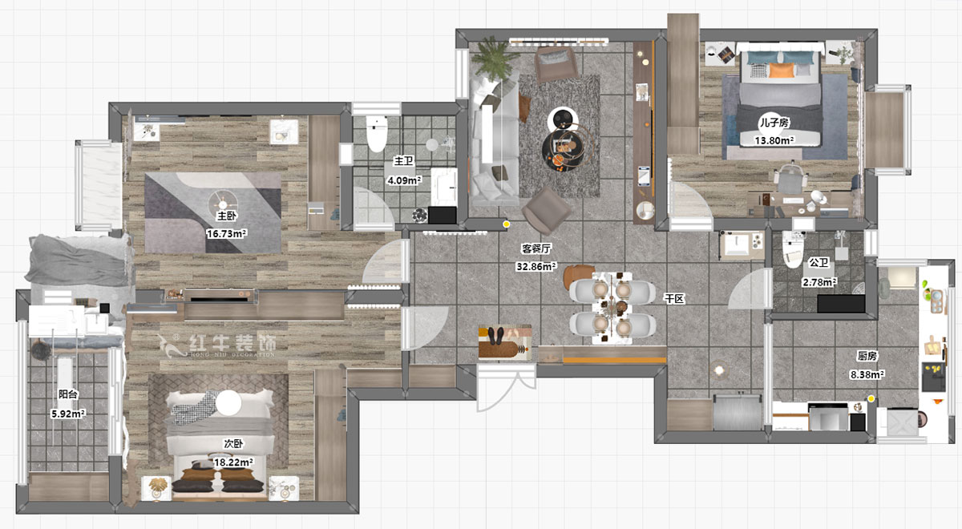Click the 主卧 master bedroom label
[x=227, y=216]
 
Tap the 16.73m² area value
[x=226, y=233]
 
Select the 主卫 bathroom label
[x=404, y=161]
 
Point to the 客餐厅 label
[x=536, y=248]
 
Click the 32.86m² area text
[x=536, y=267]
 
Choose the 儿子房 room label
[x=774, y=123]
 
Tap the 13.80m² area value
[x=774, y=140]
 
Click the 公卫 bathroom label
[x=819, y=262]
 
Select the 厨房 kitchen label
[x=867, y=356]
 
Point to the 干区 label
[x=674, y=299]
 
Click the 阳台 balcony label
[x=68, y=394]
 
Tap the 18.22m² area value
[x=233, y=462]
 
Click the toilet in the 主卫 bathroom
[x=377, y=134]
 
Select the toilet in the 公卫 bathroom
[x=792, y=250]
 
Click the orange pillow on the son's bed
[x=782, y=71]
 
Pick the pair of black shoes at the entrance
[x=497, y=336]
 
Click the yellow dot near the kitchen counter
[x=871, y=399]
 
